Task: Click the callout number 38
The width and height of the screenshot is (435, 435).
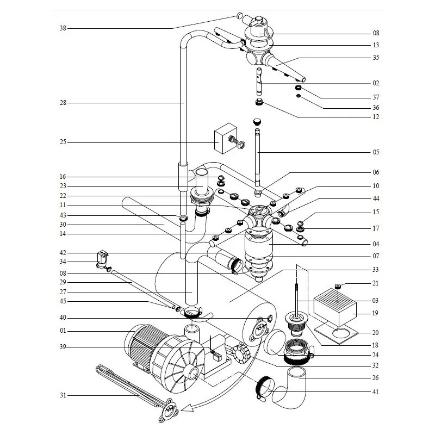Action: pos(63,28)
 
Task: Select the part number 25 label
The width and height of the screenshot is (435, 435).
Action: pos(63,142)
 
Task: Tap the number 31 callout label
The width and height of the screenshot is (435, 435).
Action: pos(63,395)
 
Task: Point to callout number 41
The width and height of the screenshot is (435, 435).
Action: pos(376,391)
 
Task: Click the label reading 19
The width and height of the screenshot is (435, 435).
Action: pos(376,313)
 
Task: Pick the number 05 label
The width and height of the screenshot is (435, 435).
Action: pos(376,152)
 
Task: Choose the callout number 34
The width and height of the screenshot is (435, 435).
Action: pos(63,262)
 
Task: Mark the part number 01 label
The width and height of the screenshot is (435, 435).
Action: pos(63,331)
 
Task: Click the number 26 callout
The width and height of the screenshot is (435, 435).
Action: pos(376,377)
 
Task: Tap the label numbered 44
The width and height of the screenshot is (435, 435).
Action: pos(376,198)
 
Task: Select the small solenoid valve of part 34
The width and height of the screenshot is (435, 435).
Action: pos(100,260)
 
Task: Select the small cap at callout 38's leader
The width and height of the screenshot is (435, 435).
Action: pos(239,15)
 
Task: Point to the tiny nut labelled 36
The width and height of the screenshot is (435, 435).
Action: pos(299,96)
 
